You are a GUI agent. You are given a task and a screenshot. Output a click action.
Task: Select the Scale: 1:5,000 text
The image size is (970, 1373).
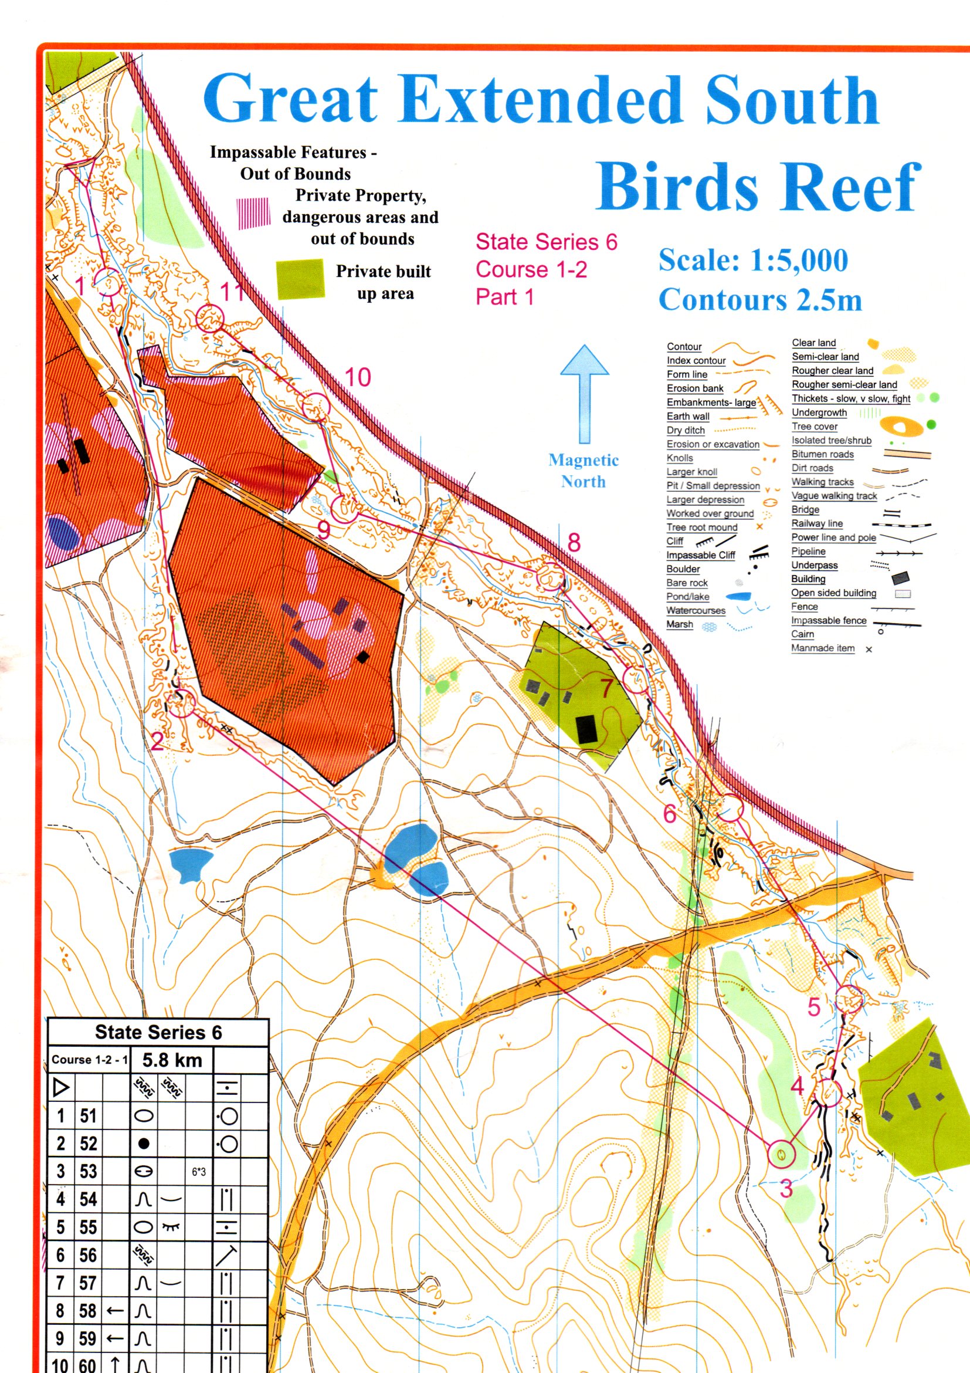click(753, 260)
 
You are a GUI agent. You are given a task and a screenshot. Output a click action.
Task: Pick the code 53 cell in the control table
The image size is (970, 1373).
click(88, 1172)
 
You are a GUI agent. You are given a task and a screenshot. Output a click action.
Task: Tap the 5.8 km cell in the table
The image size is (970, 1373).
click(172, 1060)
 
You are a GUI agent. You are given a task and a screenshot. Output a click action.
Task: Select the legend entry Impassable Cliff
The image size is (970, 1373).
click(700, 555)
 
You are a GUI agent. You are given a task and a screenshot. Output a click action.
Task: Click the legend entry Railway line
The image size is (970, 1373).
click(816, 523)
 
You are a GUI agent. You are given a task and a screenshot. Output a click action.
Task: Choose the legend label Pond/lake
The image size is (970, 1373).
click(688, 597)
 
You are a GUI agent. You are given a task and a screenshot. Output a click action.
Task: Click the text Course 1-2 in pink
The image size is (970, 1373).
click(531, 269)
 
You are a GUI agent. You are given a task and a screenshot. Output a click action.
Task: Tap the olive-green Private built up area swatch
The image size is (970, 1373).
click(300, 279)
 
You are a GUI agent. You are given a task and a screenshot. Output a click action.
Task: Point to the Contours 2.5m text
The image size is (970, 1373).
click(760, 300)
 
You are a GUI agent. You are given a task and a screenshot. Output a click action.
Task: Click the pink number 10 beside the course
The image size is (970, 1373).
click(358, 377)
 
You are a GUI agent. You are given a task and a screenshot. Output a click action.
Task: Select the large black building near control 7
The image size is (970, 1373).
click(586, 729)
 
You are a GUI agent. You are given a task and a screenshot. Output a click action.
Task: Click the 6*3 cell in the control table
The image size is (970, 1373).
click(198, 1172)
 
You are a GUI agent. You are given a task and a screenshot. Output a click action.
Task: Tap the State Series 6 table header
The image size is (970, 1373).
click(158, 1032)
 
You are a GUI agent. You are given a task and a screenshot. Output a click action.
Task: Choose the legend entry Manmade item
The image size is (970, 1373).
click(822, 648)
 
